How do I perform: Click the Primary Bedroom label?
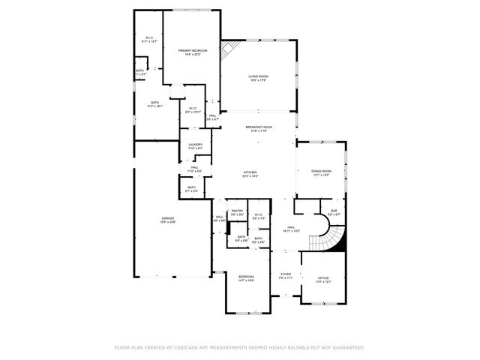(x=193, y=50)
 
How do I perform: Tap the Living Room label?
(x=259, y=76)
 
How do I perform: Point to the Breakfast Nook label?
(x=259, y=127)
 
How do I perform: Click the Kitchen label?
(x=250, y=172)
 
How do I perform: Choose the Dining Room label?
(x=322, y=171)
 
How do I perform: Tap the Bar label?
(x=334, y=211)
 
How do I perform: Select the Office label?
(x=322, y=277)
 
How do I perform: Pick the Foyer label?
(x=286, y=274)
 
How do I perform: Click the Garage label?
(x=167, y=218)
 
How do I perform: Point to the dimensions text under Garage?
(x=167, y=223)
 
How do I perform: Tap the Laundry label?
(x=195, y=144)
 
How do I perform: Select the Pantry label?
(x=237, y=211)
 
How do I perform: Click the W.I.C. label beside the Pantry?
(x=258, y=214)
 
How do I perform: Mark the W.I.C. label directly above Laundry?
(x=193, y=107)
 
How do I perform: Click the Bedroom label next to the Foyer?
(x=247, y=277)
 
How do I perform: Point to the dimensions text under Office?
(x=322, y=282)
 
